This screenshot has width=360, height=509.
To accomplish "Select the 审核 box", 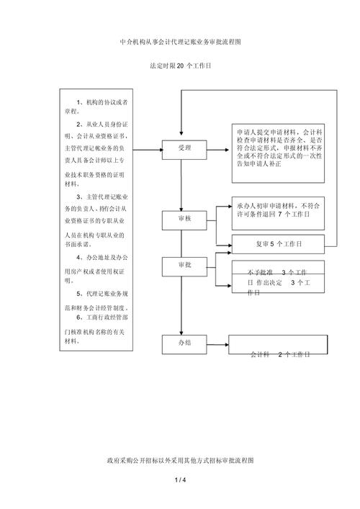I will pyautogui.click(x=184, y=217).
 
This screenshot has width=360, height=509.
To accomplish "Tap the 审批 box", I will pyautogui.click(x=184, y=266).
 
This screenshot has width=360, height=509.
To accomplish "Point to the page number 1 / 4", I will pyautogui.click(x=180, y=479).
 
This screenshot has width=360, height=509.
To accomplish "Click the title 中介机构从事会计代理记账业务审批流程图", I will pyautogui.click(x=180, y=42).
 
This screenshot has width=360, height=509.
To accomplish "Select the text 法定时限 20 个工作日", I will pyautogui.click(x=180, y=66).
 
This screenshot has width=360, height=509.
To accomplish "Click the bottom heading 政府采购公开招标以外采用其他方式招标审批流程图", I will pyautogui.click(x=180, y=459).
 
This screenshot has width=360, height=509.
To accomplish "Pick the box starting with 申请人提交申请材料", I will pyautogui.click(x=278, y=148).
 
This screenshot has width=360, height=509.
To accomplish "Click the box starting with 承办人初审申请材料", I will pyautogui.click(x=277, y=210).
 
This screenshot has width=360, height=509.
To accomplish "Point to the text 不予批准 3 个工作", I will pyautogui.click(x=277, y=273).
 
